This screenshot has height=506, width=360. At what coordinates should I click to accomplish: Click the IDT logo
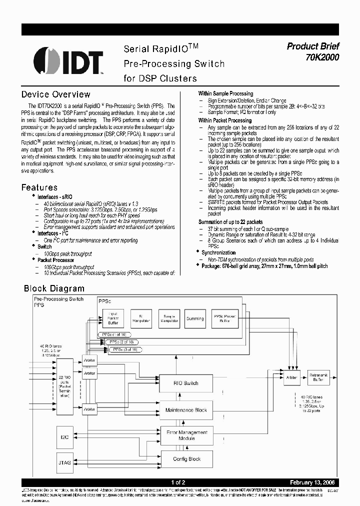68,61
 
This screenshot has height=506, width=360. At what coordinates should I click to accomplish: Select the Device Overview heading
55,94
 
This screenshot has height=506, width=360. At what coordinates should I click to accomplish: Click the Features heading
39,187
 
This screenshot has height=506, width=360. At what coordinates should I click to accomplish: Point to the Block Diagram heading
54,288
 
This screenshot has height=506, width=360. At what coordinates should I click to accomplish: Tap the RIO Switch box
185,383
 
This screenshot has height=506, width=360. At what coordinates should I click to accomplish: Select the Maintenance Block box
185,410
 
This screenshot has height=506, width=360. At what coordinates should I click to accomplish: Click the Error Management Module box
185,435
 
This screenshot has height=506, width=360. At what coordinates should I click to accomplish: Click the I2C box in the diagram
64,437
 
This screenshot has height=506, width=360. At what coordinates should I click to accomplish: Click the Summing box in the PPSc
194,318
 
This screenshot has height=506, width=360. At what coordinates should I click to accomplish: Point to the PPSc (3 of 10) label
125,349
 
